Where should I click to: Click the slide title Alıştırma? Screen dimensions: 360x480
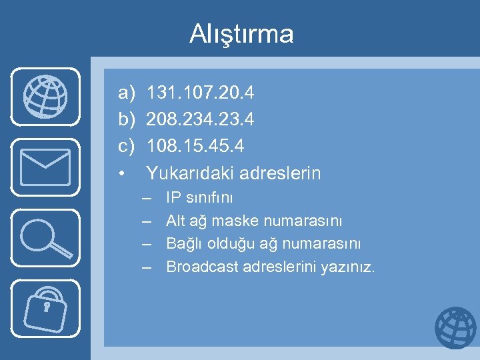tap(241, 33)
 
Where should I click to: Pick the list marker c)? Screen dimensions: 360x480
tap(126, 145)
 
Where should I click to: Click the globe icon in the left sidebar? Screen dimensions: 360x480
tap(45, 97)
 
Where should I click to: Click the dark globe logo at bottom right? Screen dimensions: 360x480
tap(455, 328)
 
